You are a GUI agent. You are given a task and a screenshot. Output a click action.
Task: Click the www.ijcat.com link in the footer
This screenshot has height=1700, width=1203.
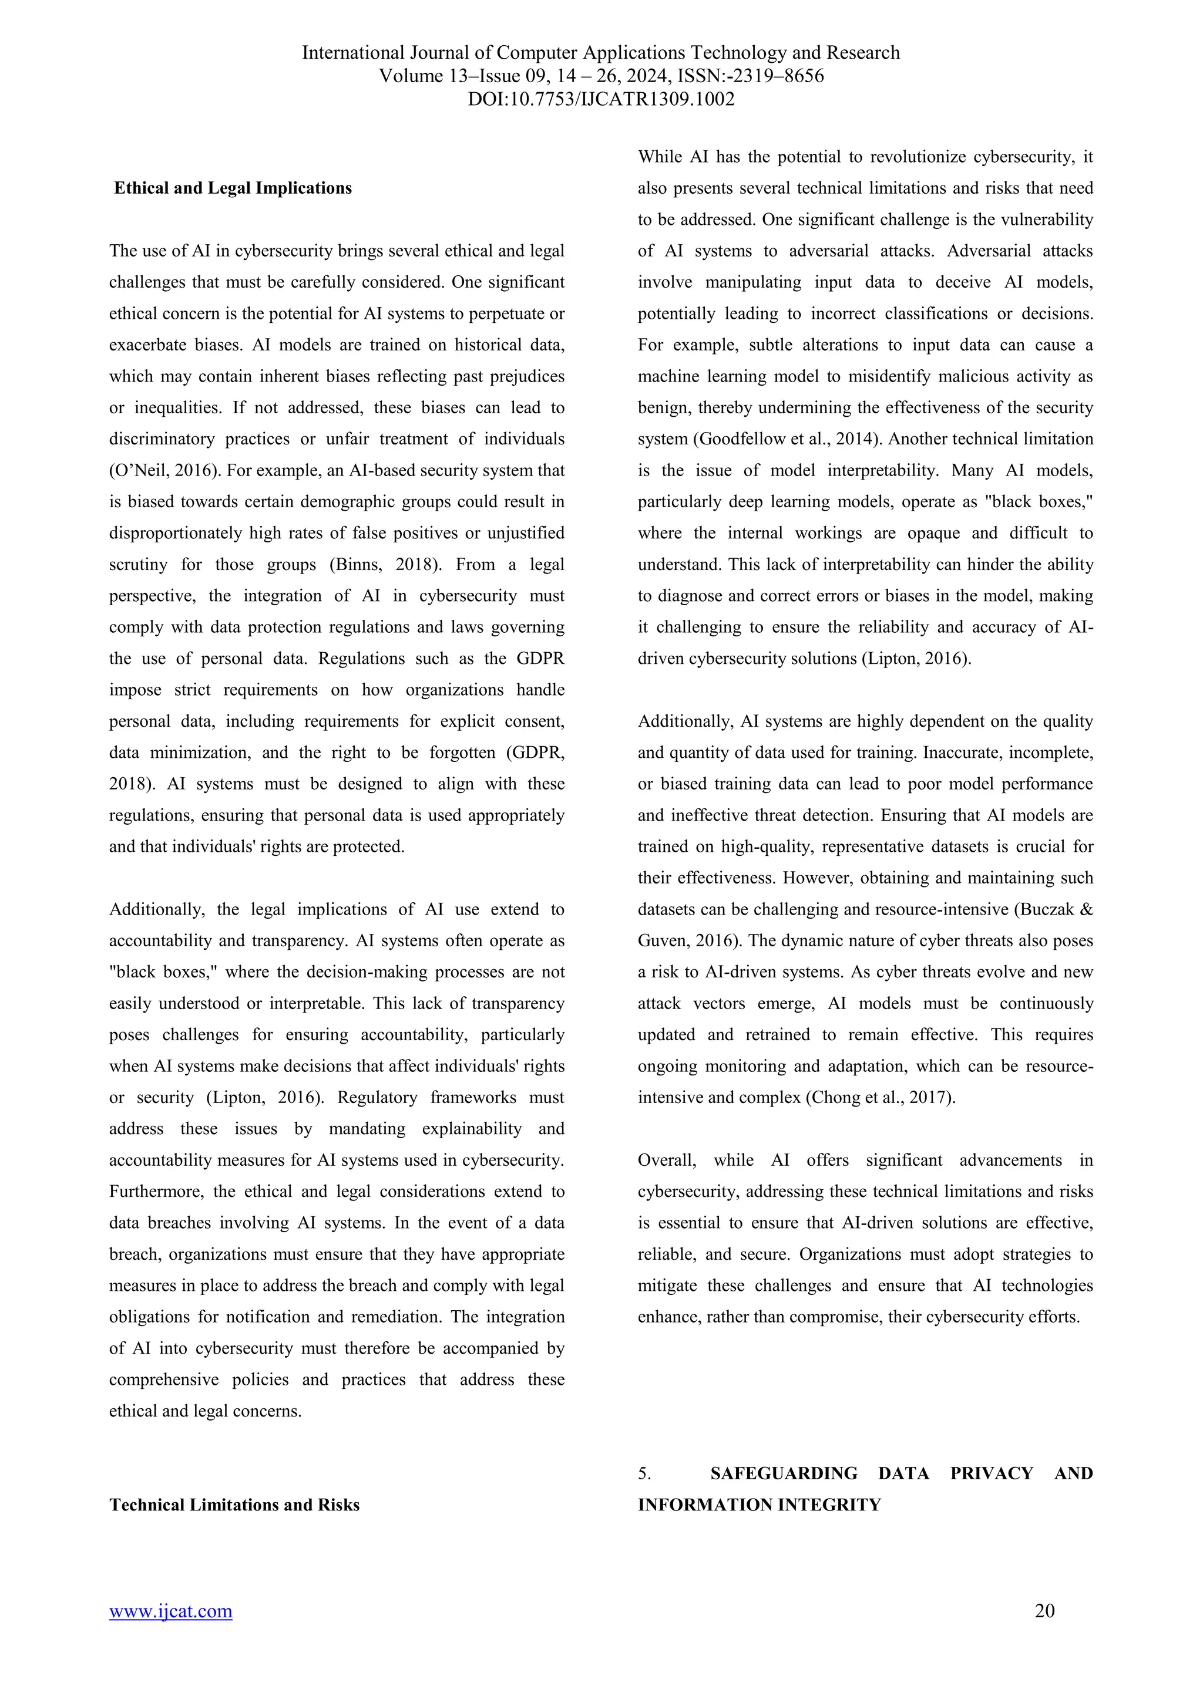[170, 1611]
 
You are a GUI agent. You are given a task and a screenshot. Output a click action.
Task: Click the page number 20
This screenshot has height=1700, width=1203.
[1044, 1610]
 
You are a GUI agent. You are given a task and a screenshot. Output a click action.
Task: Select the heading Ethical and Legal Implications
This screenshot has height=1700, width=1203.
[233, 188]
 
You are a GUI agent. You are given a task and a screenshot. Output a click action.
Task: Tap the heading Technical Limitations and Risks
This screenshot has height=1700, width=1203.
[234, 1505]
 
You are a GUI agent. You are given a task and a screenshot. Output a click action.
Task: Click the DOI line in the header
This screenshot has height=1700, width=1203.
[601, 99]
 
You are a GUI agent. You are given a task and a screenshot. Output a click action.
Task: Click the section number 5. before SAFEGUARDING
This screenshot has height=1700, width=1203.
[644, 1473]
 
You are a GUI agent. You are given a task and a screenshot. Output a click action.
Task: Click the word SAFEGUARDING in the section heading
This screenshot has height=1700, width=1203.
[783, 1473]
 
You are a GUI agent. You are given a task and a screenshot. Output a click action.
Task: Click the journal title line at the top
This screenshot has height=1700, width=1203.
[601, 53]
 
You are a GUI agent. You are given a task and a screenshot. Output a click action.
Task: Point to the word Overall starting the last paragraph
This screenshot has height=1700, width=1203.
[667, 1160]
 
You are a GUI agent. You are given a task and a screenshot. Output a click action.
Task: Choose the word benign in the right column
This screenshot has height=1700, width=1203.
[661, 408]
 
